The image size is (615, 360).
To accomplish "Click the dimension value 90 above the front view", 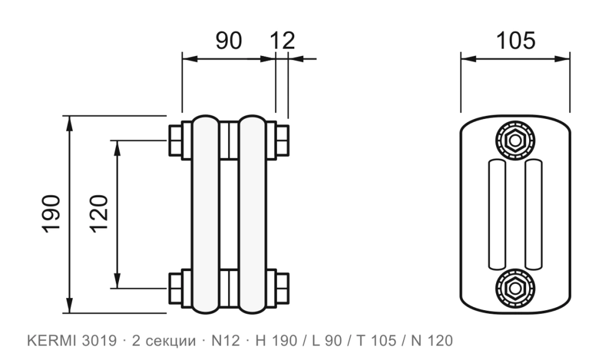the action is [x=229, y=41].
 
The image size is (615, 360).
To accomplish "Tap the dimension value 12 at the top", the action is [x=282, y=41].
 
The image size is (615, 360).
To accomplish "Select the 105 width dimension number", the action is [x=515, y=41].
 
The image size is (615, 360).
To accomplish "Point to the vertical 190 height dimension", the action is [x=52, y=214].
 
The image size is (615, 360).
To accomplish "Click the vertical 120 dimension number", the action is [x=99, y=214].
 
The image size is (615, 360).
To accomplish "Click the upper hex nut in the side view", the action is [x=515, y=140].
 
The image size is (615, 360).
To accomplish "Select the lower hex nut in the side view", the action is [x=515, y=288].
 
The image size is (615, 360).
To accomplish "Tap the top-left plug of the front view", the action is [x=175, y=141].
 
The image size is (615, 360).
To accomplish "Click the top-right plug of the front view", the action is [x=282, y=141].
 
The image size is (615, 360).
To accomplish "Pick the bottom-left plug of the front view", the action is [x=175, y=288].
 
